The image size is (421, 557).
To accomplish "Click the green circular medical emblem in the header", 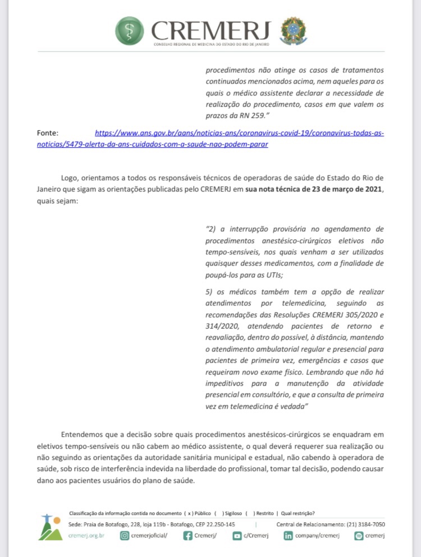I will tap(129, 30).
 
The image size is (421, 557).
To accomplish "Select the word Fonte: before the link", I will tap(48, 134).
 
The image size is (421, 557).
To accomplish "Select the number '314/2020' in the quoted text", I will tap(225, 326).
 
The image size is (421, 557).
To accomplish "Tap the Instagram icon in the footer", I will tap(125, 536).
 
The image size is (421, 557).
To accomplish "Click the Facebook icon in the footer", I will tap(189, 536).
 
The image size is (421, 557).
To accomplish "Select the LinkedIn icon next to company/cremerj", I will tap(288, 536).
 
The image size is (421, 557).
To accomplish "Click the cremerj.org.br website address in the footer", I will tap(86, 536).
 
